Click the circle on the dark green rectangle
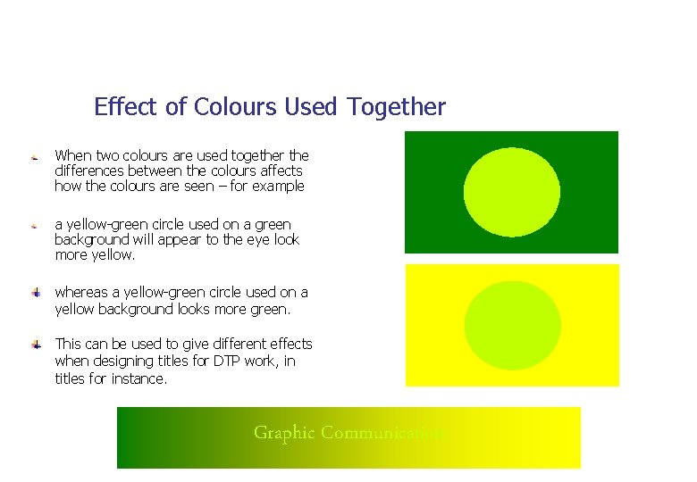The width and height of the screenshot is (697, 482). (512, 192)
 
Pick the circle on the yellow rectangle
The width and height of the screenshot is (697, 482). (512, 325)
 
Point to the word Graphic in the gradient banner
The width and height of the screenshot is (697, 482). (284, 433)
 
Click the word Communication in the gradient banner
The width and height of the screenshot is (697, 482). (382, 433)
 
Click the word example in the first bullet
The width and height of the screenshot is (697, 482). (278, 187)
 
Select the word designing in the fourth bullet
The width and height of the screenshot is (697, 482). (123, 361)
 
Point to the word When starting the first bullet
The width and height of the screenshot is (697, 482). (71, 155)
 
